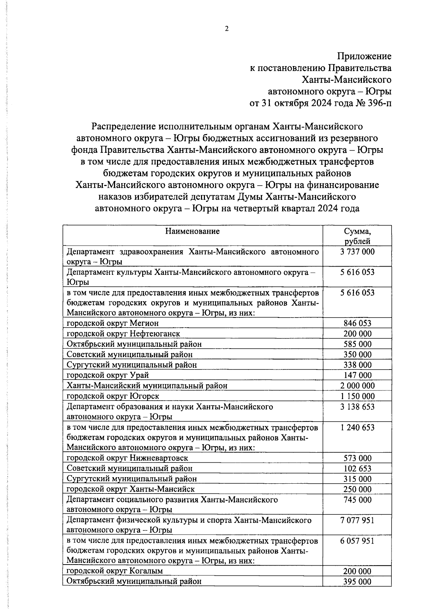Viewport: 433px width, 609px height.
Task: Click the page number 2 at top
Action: [x=227, y=29]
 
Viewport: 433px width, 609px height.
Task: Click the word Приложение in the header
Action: [x=364, y=56]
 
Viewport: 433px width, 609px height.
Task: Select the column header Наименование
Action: [x=192, y=231]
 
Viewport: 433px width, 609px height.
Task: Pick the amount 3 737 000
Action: [x=357, y=252]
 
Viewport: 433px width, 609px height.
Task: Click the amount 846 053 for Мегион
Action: [x=357, y=323]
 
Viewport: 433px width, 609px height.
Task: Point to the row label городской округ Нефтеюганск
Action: [x=123, y=334]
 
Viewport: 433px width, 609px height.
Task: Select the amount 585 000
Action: [x=357, y=344]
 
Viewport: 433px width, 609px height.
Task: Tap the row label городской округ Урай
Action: [x=108, y=375]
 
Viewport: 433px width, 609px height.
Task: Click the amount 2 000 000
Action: [x=357, y=386]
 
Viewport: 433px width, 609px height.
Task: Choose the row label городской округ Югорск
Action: [x=113, y=396]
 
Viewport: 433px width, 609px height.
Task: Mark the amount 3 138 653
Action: [x=357, y=407]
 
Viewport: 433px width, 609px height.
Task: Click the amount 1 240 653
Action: [x=357, y=428]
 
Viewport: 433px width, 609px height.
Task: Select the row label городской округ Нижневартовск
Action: [x=127, y=458]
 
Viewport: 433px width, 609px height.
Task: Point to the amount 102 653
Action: [x=357, y=469]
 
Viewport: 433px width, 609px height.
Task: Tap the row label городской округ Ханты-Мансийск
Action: [x=131, y=489]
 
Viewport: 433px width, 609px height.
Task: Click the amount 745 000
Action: [x=357, y=500]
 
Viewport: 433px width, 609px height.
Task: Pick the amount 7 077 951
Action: [x=357, y=521]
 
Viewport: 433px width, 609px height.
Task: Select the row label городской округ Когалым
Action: [x=115, y=571]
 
